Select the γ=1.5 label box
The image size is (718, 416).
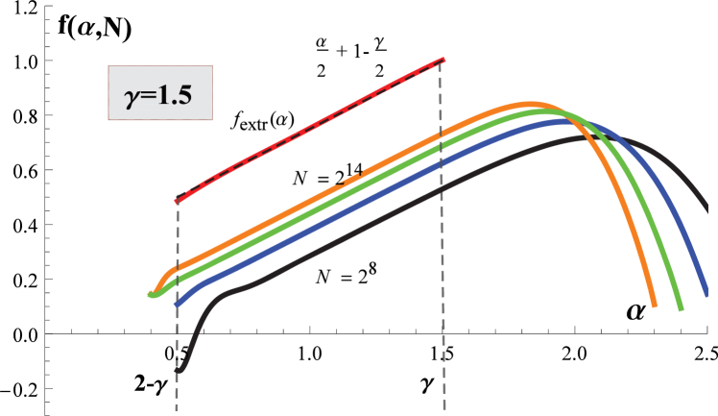[x=159, y=93]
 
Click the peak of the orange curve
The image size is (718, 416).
[x=526, y=104]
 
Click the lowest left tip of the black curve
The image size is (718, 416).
[x=179, y=370]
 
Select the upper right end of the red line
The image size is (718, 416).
[x=443, y=60]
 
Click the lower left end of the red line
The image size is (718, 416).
[x=177, y=201]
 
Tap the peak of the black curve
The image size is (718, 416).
[x=586, y=136]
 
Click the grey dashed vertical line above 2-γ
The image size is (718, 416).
[x=179, y=240]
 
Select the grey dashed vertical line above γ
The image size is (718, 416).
[x=443, y=240]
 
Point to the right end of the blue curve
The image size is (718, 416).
[x=705, y=284]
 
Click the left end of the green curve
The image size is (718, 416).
[x=151, y=294]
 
